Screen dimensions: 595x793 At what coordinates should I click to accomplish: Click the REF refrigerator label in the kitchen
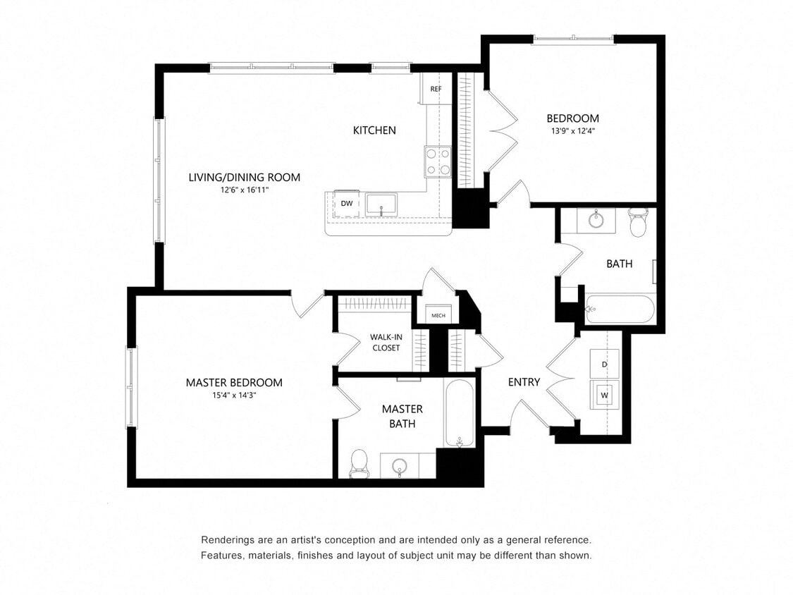click(436, 90)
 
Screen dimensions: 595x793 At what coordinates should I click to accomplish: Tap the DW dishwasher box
click(346, 203)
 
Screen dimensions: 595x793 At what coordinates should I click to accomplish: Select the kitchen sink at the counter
click(381, 204)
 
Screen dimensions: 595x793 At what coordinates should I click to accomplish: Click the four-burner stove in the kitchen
click(437, 161)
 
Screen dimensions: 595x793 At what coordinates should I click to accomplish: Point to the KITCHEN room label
click(374, 130)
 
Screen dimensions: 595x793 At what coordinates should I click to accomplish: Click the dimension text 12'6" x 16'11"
click(244, 190)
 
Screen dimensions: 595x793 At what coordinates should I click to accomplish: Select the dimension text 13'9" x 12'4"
click(572, 130)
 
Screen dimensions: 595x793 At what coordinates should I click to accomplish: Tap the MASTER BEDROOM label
click(234, 383)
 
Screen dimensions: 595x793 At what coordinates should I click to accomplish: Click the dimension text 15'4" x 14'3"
click(234, 395)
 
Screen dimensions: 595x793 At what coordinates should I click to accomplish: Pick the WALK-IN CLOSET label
click(386, 342)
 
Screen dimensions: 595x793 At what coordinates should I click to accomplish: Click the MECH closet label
click(438, 315)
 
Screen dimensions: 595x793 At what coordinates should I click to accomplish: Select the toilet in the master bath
click(359, 462)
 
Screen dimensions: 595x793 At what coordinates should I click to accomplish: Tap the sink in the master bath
click(400, 466)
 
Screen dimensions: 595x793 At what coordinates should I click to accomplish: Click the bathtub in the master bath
click(460, 413)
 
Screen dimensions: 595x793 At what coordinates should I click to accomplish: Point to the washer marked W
click(604, 395)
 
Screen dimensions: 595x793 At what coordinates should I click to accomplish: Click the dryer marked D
click(604, 364)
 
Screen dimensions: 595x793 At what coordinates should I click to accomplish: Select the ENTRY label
click(524, 382)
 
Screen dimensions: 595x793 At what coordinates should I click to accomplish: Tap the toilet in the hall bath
click(638, 222)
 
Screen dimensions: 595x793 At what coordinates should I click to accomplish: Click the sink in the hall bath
click(596, 219)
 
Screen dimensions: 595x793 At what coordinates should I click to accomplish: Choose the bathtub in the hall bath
click(620, 309)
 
